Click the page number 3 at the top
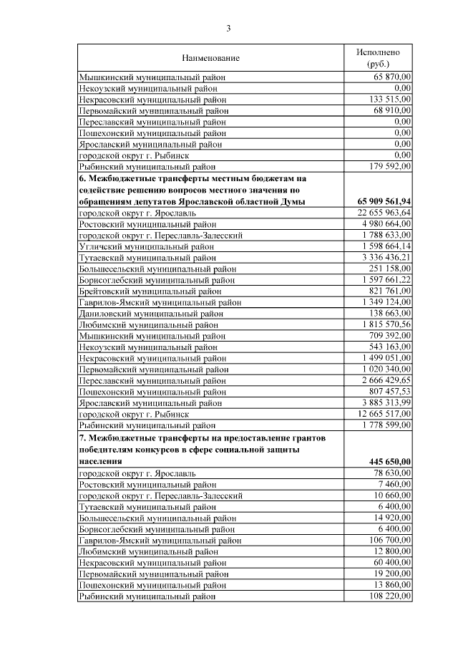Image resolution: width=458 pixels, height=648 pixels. (229, 29)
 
